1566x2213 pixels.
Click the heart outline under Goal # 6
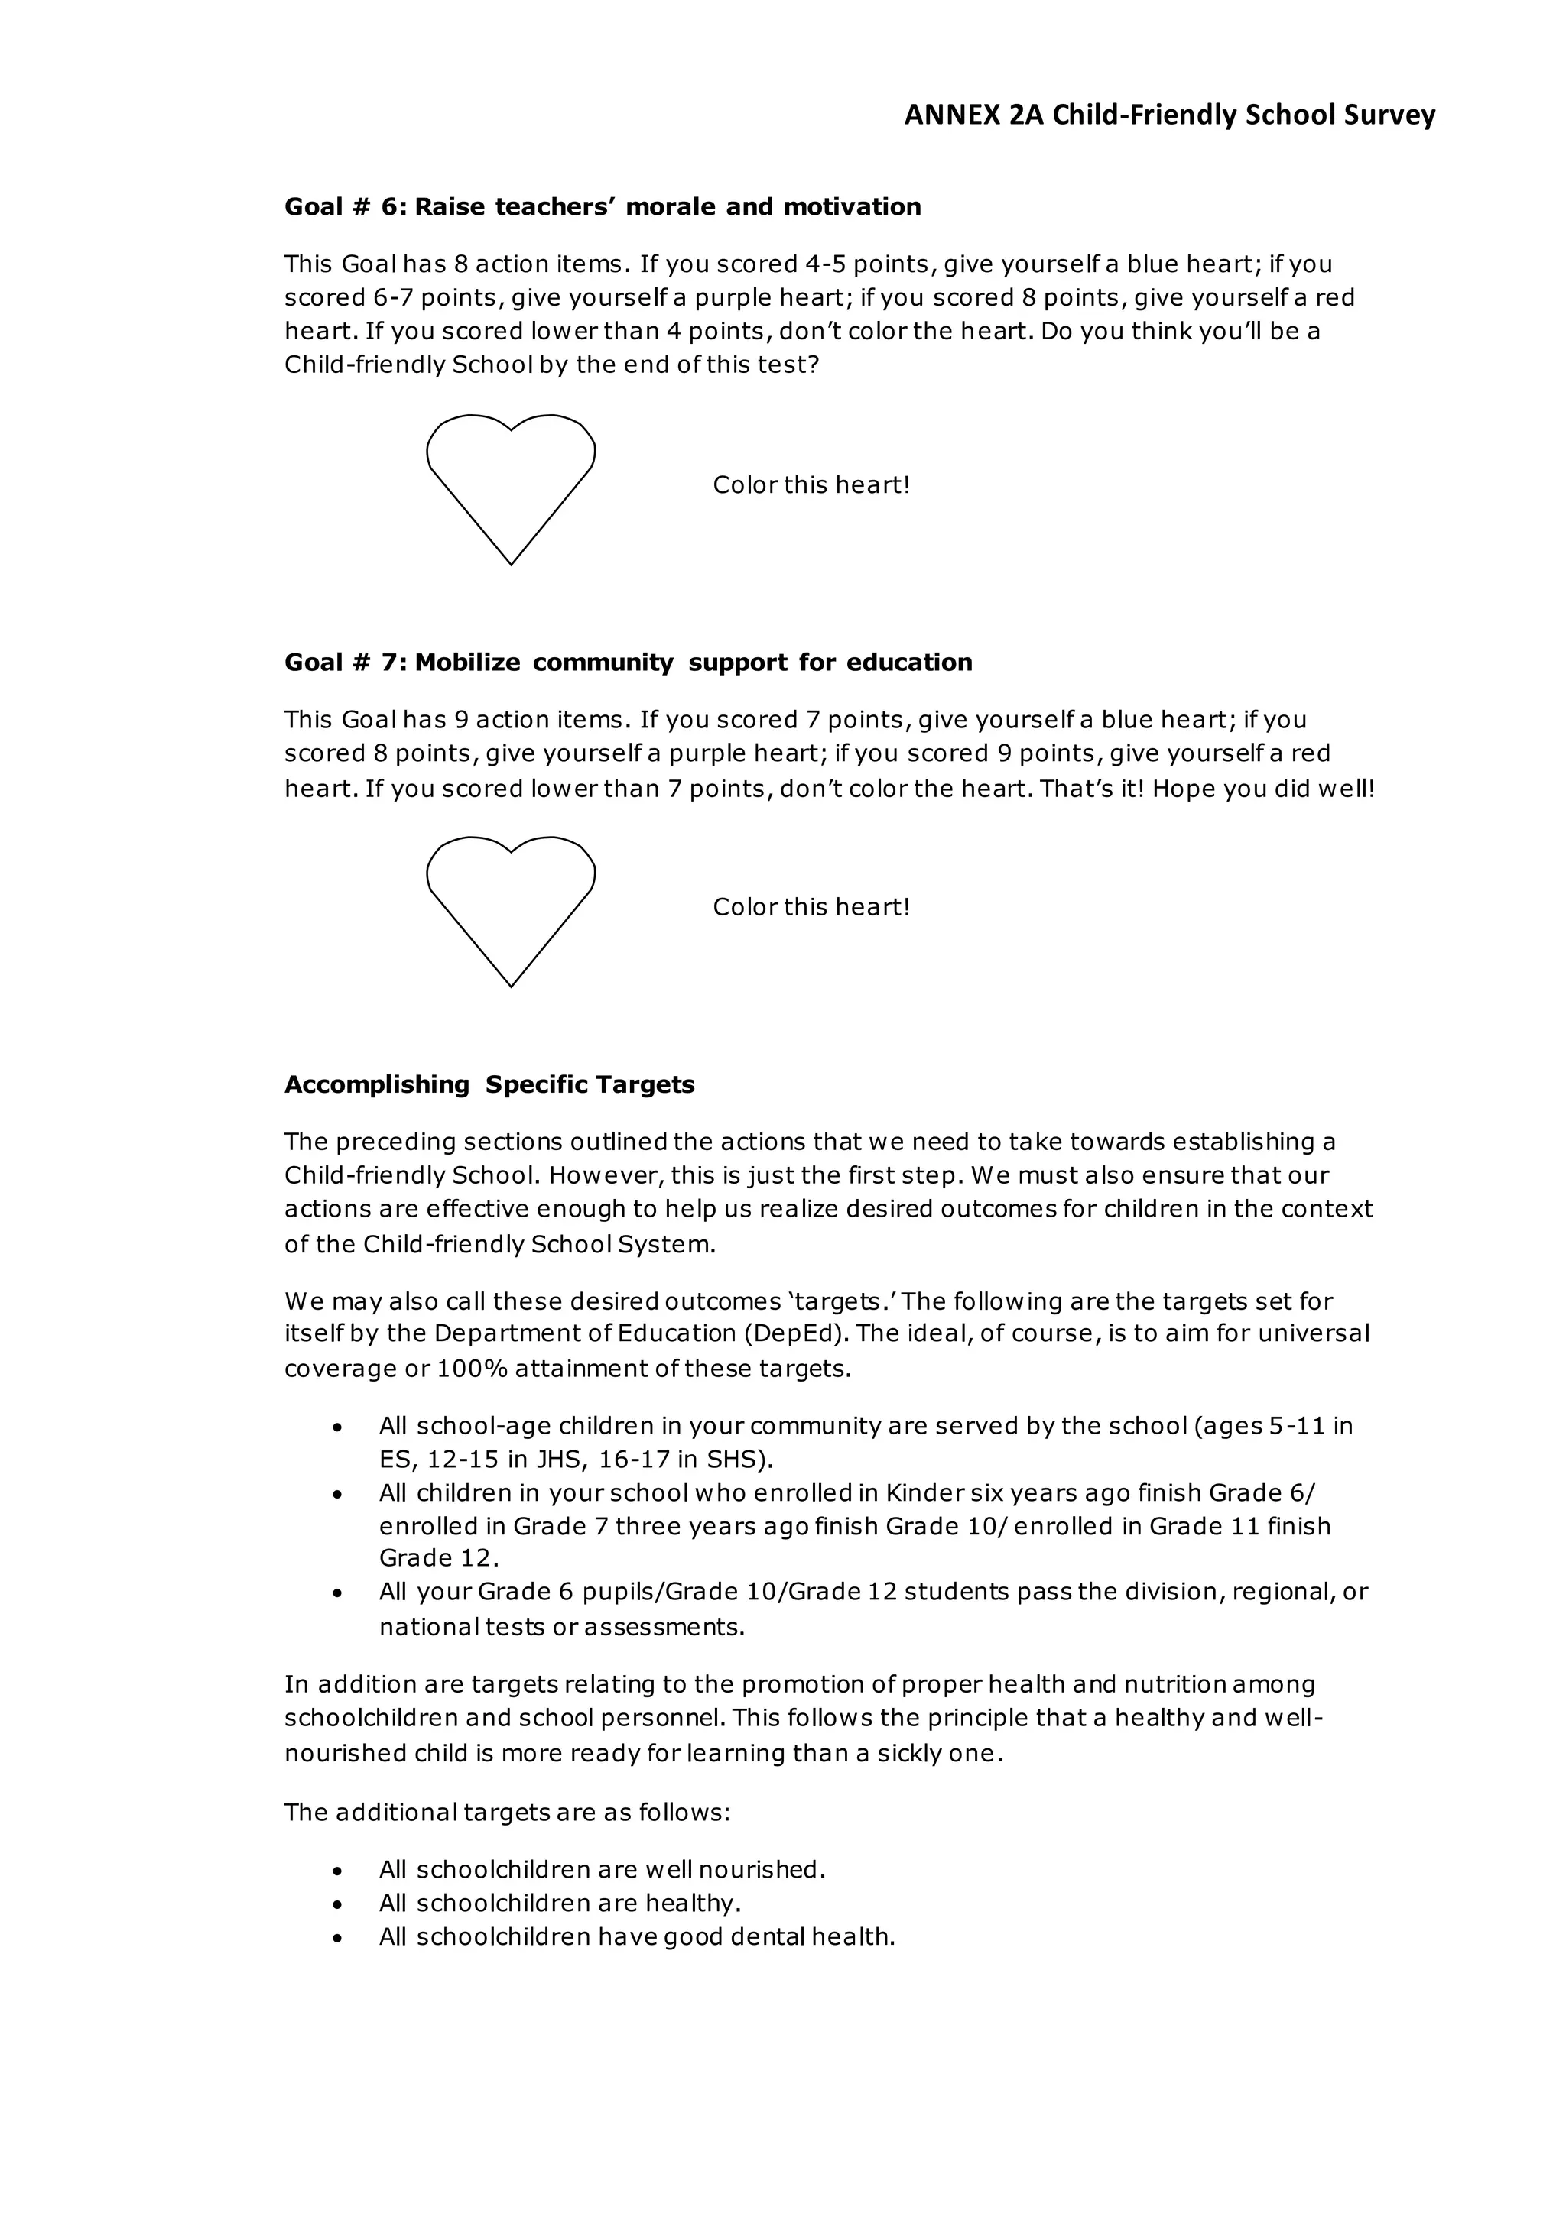tap(511, 482)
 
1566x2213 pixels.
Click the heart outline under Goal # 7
tap(511, 904)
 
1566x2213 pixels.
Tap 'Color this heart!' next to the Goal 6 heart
tap(811, 484)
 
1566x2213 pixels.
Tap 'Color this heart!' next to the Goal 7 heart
tap(811, 907)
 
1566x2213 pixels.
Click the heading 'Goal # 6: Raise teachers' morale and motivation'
tap(603, 207)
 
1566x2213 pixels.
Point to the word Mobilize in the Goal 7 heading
tap(466, 663)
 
